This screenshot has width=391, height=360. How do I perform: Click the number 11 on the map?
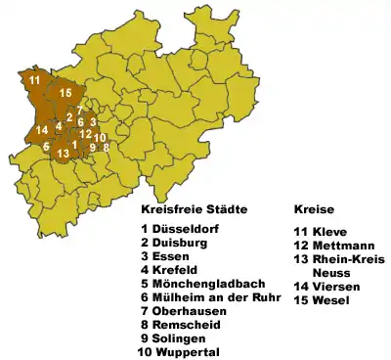coord(34,79)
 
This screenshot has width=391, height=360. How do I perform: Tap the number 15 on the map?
coord(65,93)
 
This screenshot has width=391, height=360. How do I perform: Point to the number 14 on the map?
coord(41,130)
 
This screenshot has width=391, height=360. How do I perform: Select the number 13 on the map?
coord(63,154)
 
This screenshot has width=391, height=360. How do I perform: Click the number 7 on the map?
coord(80,112)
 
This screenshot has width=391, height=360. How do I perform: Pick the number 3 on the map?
coord(93,122)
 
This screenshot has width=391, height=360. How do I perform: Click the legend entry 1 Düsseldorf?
coord(180,230)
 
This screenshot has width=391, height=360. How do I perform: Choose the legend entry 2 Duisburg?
coord(176,244)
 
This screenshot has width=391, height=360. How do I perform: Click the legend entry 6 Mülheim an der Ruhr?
coord(208,298)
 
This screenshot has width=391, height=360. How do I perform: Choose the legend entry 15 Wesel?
coord(321,300)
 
